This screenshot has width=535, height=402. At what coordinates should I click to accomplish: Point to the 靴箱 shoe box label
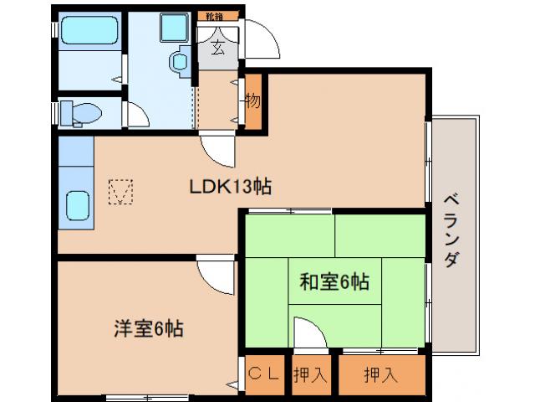pyautogui.click(x=216, y=16)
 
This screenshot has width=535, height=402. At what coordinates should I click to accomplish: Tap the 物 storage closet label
pyautogui.click(x=253, y=101)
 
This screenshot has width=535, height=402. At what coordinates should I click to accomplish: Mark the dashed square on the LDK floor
pyautogui.click(x=121, y=192)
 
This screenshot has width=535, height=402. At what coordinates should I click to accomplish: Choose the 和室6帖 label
pyautogui.click(x=334, y=281)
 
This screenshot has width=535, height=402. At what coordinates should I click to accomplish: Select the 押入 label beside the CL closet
pyautogui.click(x=310, y=374)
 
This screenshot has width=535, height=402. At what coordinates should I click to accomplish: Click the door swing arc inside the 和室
pyautogui.click(x=308, y=332)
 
